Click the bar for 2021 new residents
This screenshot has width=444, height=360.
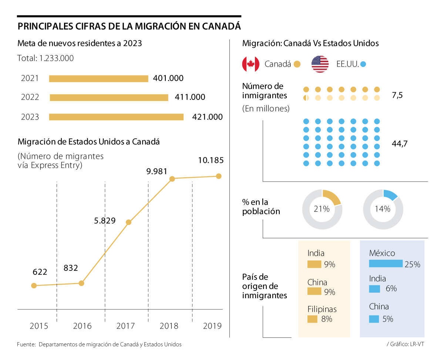click(98, 78)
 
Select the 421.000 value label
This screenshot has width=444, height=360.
click(208, 117)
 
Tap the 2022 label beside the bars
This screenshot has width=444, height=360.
click(30, 98)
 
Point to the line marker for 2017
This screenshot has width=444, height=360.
click(128, 222)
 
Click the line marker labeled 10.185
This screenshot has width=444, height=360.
click(219, 176)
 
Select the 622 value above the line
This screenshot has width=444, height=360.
click(40, 272)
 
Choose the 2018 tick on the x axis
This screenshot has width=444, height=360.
click(169, 326)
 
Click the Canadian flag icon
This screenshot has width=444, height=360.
click(250, 64)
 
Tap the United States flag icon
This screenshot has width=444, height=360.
click(320, 64)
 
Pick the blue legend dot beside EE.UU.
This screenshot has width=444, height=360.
click(363, 64)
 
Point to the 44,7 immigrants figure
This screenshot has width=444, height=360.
click(399, 143)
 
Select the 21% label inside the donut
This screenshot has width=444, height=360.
click(322, 209)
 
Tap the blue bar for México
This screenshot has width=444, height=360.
click(386, 263)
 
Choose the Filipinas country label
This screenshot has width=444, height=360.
click(322, 309)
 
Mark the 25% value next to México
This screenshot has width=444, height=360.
click(412, 265)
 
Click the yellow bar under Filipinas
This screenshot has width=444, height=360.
click(313, 319)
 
